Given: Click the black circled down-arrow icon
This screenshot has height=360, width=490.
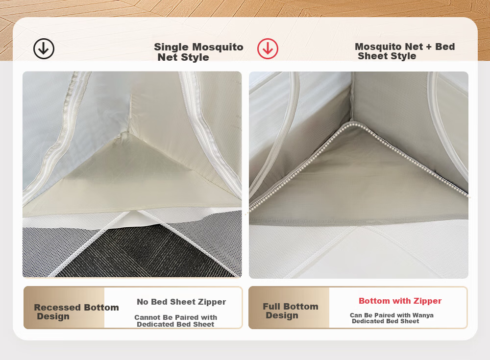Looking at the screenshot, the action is pyautogui.click(x=44, y=49).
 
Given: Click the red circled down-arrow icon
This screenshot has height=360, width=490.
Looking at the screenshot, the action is pyautogui.click(x=268, y=49).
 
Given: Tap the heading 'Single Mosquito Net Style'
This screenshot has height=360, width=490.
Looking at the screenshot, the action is pyautogui.click(x=198, y=52).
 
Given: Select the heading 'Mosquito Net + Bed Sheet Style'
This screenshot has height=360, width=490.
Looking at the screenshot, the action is pyautogui.click(x=405, y=51).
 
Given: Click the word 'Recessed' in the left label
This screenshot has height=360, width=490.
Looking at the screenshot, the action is pyautogui.click(x=58, y=308).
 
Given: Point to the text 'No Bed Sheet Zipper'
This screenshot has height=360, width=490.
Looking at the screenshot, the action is pyautogui.click(x=181, y=302).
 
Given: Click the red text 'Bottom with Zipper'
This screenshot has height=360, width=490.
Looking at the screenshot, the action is pyautogui.click(x=400, y=301).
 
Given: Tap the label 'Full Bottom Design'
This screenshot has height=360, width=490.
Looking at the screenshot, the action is pyautogui.click(x=290, y=311).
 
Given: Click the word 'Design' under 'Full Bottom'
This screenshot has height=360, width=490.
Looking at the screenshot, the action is pyautogui.click(x=282, y=315).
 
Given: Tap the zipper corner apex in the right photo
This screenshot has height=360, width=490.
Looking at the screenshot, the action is pyautogui.click(x=351, y=122).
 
